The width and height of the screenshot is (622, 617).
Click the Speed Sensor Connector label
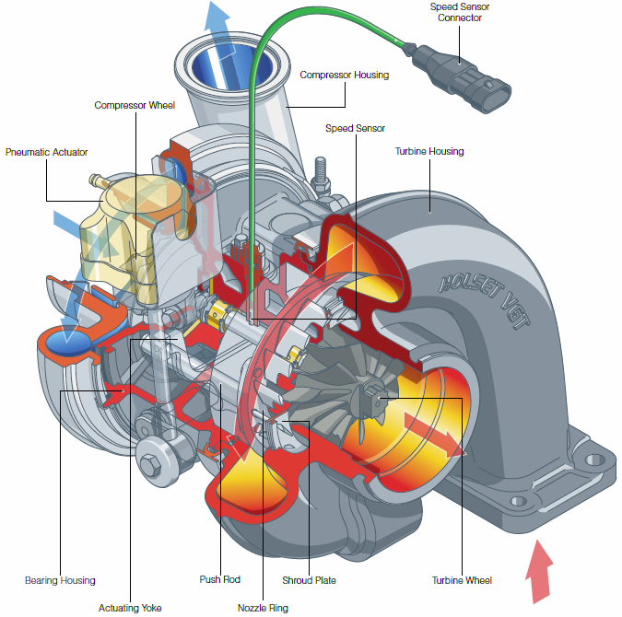[x=460, y=12]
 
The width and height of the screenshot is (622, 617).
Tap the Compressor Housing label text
[x=345, y=75]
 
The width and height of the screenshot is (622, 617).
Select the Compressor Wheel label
[x=135, y=106]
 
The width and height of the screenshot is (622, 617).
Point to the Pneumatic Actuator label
[x=46, y=152]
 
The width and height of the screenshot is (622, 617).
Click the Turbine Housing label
[x=429, y=151]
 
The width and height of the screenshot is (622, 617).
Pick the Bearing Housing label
[x=60, y=580]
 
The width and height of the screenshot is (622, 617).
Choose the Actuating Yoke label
[x=129, y=608]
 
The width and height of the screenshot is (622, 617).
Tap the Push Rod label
[x=219, y=579]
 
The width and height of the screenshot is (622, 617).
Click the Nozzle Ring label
[x=263, y=608]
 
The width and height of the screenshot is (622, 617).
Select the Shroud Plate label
[x=309, y=580]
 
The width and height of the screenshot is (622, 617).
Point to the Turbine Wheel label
[x=462, y=580]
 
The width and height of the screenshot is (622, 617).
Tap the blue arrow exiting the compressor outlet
[x=217, y=23]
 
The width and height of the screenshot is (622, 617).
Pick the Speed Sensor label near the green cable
[x=355, y=128]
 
